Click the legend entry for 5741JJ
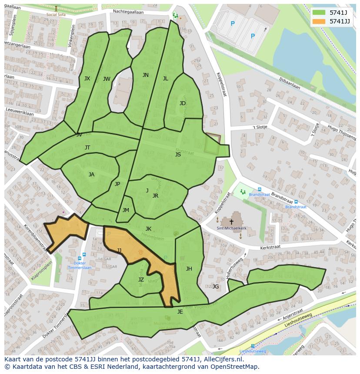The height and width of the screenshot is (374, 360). pyautogui.click(x=340, y=21)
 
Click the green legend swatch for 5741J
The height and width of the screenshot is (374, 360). pyautogui.click(x=319, y=13)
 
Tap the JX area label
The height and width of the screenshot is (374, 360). pyautogui.click(x=87, y=79)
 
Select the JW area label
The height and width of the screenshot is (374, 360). pyautogui.click(x=107, y=79)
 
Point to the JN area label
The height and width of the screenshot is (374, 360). pyautogui.click(x=145, y=75)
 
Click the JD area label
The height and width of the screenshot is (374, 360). pyautogui.click(x=183, y=103)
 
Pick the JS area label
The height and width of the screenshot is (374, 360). pyautogui.click(x=178, y=155)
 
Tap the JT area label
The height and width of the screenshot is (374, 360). pyautogui.click(x=87, y=148)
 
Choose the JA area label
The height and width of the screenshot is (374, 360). pyautogui.click(x=91, y=175)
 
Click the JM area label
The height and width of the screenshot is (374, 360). pyautogui.click(x=126, y=210)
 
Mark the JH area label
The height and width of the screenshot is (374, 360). pyautogui.click(x=189, y=269)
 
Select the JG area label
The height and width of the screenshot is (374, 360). pyautogui.click(x=215, y=286)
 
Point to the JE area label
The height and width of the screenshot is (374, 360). pyautogui.click(x=180, y=312)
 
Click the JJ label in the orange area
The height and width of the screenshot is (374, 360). pyautogui.click(x=119, y=250)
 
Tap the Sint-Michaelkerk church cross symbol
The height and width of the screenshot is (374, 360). pyautogui.click(x=231, y=222)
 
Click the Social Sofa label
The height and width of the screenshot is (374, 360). pyautogui.click(x=56, y=14)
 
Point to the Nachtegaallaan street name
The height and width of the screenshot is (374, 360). pyautogui.click(x=128, y=12)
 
